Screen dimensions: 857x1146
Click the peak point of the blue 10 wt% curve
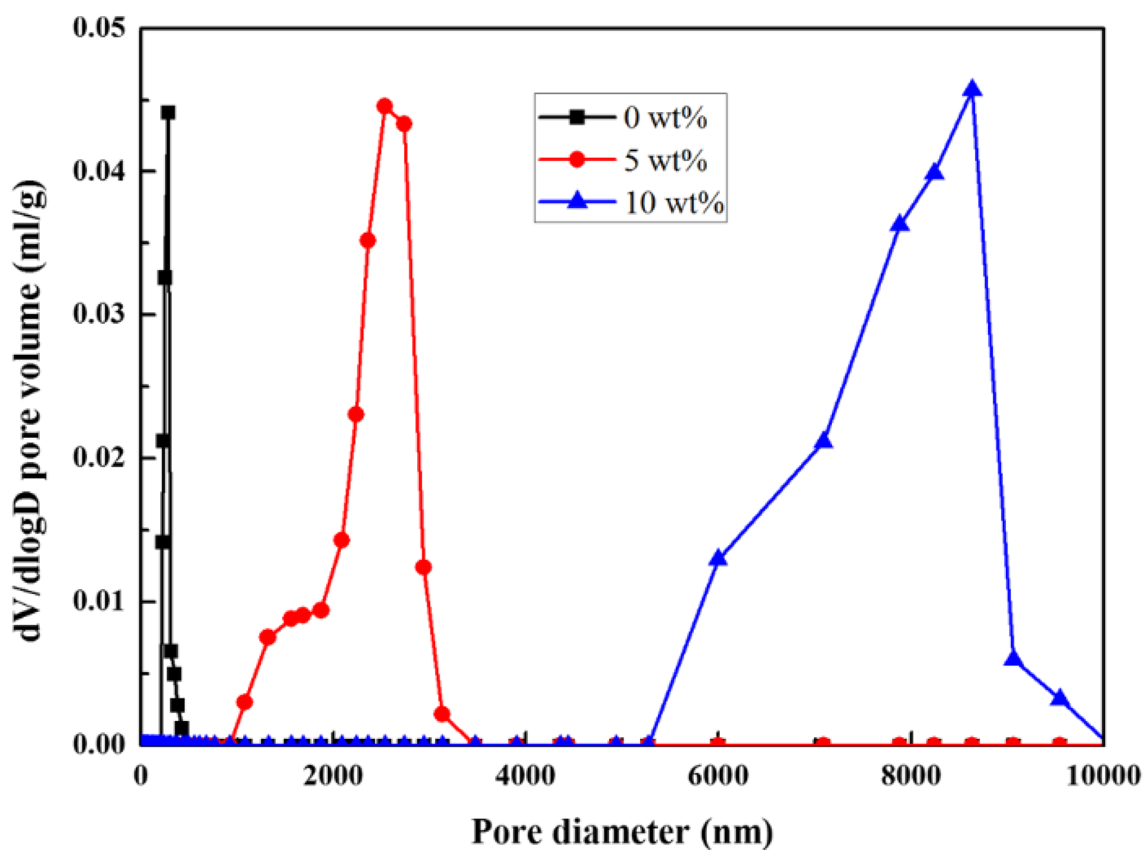(x=972, y=90)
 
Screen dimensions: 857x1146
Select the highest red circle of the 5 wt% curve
(x=385, y=107)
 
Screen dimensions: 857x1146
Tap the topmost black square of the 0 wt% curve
(x=169, y=113)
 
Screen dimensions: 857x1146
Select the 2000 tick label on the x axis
(x=333, y=776)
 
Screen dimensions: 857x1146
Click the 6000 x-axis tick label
(x=718, y=776)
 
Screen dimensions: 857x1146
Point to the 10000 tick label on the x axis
(x=1102, y=776)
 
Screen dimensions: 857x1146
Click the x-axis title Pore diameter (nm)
(x=622, y=831)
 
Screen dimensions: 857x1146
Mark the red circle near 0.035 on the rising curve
(x=368, y=241)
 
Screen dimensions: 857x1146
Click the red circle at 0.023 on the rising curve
(x=356, y=414)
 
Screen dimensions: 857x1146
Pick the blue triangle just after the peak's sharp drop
(x=1013, y=659)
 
